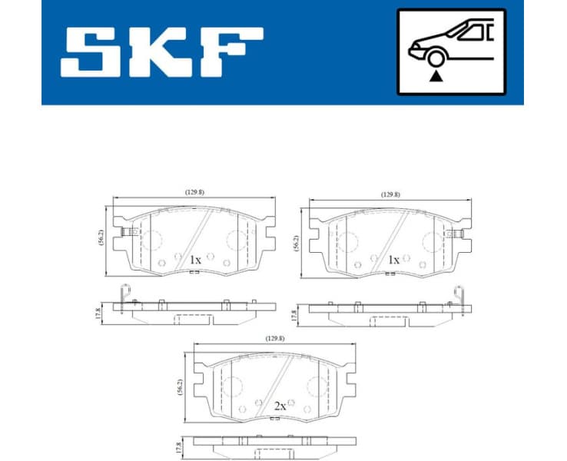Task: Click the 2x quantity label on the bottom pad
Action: [280, 406]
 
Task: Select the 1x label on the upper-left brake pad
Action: [196, 260]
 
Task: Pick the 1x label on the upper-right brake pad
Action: [393, 260]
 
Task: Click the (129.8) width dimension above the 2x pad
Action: [276, 337]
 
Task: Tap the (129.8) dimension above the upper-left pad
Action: [194, 192]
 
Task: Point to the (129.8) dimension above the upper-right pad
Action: [390, 195]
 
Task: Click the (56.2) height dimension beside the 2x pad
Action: [179, 386]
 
